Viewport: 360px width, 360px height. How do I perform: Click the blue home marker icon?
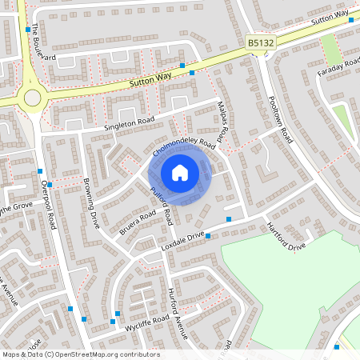tap(180, 173)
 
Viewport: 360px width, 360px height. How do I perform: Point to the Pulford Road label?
tap(162, 205)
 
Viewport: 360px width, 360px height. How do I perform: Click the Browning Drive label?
tap(90, 206)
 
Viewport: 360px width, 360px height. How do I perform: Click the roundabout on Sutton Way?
tap(32, 98)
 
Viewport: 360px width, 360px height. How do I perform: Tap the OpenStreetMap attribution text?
tap(80, 354)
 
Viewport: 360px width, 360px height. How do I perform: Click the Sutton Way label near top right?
tap(331, 14)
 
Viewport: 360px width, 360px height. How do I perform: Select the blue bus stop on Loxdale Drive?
tap(229, 218)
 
